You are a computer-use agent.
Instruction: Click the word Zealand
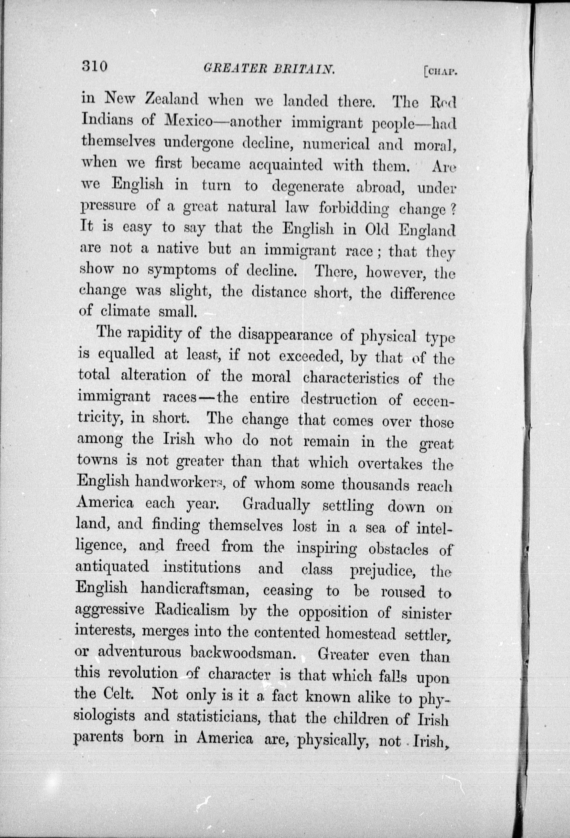click(171, 100)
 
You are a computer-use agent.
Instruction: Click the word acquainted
click(286, 165)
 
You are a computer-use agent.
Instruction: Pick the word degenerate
click(308, 187)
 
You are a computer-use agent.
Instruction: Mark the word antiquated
click(112, 567)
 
